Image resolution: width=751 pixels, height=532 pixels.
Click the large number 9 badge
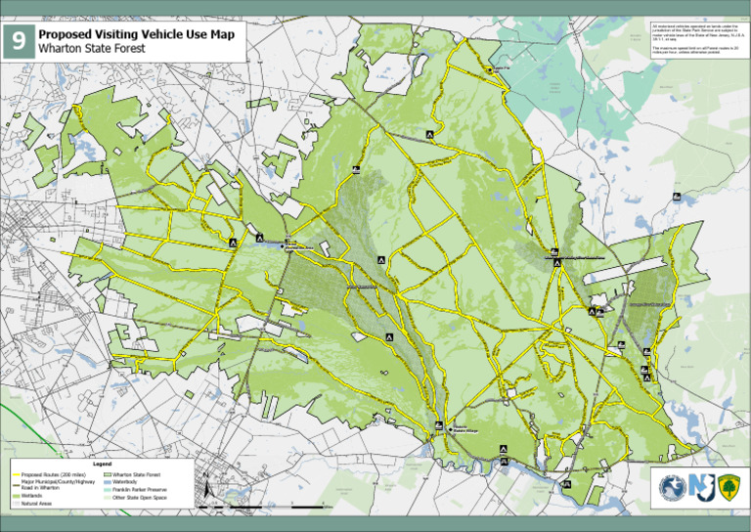(x=19, y=41)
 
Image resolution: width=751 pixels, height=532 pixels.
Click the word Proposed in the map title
(x=71, y=32)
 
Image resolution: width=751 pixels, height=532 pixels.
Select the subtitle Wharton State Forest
(x=90, y=47)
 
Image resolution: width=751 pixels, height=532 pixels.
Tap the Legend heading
(x=102, y=463)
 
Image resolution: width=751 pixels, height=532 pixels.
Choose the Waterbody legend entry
(x=131, y=481)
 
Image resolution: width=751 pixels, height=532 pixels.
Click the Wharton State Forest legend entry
(x=143, y=473)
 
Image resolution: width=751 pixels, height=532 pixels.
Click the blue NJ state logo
(x=700, y=487)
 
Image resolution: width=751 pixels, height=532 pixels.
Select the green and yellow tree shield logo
(x=729, y=487)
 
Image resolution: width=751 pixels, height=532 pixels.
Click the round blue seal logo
(x=671, y=487)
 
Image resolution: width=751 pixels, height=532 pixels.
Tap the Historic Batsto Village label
(x=464, y=427)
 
